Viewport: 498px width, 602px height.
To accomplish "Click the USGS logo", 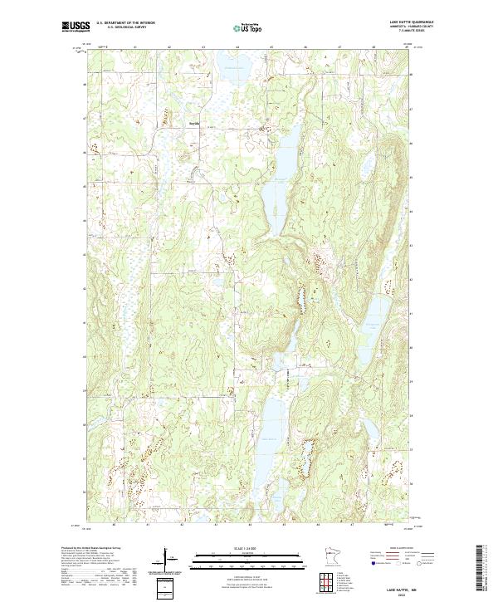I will [76, 27].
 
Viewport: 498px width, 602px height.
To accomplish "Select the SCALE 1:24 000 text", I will [248, 546].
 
